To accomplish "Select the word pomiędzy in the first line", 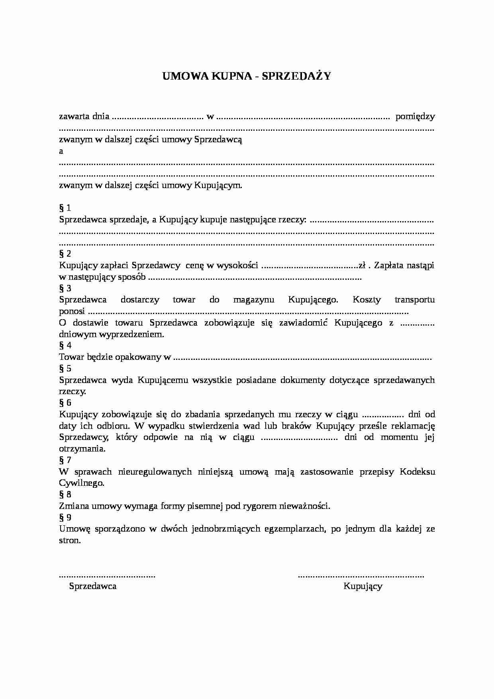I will coord(415,117).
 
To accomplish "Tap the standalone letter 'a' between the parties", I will coord(61,151).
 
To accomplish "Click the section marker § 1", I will coord(65,208).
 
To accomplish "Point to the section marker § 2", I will coord(65,254).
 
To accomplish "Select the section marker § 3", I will coord(65,289).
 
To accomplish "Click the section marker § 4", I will coord(65,346).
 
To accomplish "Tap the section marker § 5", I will coord(65,369).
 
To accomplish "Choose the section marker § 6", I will coord(65,403).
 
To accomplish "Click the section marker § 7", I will coord(65,460).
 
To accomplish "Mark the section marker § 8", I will coord(65,495).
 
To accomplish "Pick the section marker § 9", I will coord(65,518).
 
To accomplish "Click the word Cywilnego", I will coord(82,483).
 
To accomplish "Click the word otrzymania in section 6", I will coord(82,449).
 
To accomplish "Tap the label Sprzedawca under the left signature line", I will coord(93,586).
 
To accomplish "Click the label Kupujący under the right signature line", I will coord(363,586).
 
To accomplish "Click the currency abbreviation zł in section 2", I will coord(362,265).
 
